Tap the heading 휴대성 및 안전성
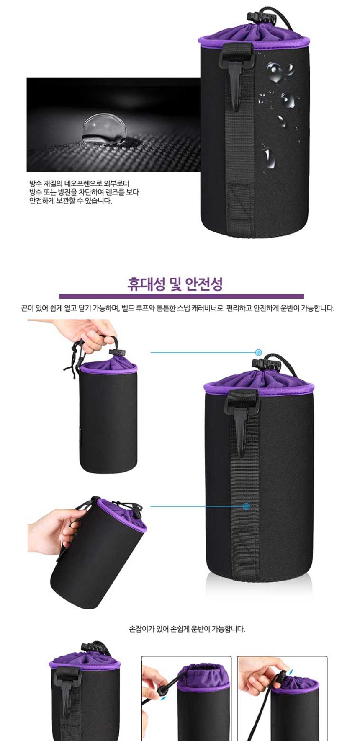point(175,284)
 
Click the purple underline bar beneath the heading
point(181,296)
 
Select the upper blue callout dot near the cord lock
point(259,352)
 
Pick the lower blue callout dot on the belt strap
point(246,506)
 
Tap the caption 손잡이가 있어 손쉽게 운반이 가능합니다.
point(187,629)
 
